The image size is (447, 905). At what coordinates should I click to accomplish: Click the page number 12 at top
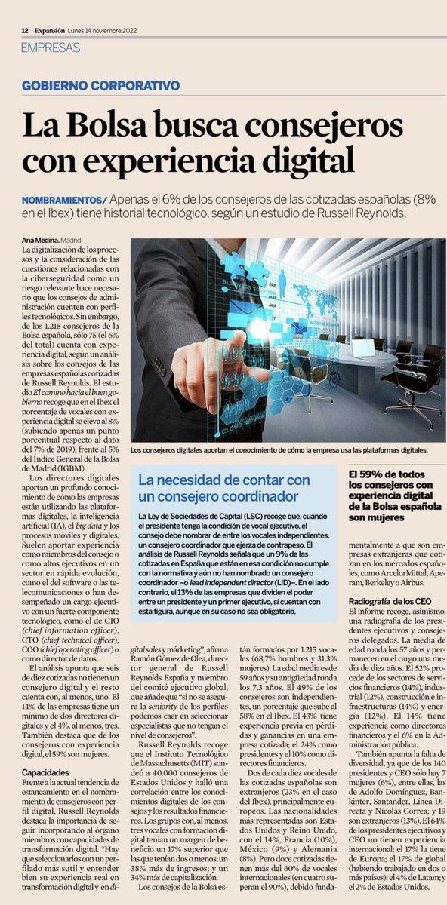coord(25,29)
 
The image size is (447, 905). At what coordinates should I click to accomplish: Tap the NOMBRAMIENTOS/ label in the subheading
coord(65,201)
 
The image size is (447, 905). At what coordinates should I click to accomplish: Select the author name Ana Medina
coord(40,240)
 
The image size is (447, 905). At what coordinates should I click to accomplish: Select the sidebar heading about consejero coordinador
coord(219,488)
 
